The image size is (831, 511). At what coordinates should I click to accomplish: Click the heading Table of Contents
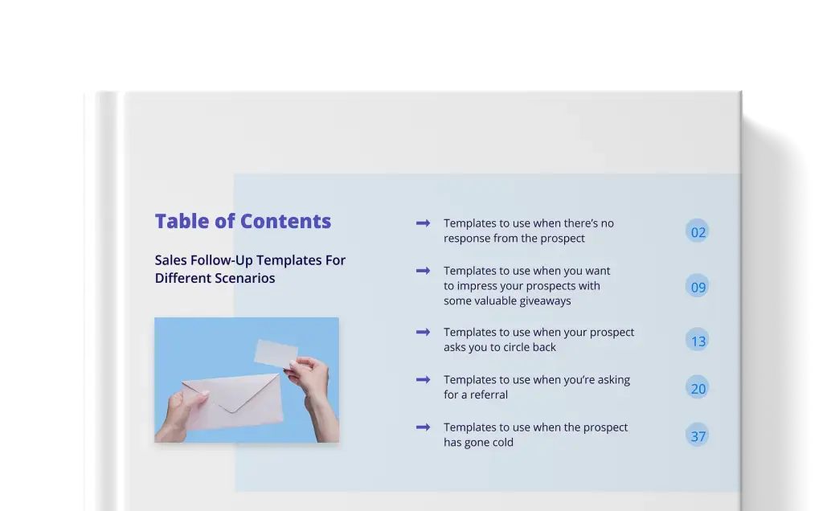pos(243,221)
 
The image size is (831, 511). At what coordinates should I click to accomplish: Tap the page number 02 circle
pos(697,231)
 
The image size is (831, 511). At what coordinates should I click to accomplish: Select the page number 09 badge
pos(697,286)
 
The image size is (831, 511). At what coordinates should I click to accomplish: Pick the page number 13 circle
pos(697,340)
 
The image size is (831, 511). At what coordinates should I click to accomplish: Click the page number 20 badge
pos(697,387)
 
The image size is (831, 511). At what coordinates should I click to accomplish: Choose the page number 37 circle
pos(697,435)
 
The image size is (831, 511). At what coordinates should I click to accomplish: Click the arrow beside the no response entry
pos(423,223)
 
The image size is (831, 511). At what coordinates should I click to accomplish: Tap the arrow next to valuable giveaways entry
pos(423,271)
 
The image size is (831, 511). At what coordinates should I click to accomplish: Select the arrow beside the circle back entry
pos(423,333)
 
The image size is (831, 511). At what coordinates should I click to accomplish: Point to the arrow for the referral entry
pos(423,379)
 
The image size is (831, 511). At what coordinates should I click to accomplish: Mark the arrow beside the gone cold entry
pos(423,427)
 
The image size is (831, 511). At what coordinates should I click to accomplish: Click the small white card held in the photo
pos(276,354)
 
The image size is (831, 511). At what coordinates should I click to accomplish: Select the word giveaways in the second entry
pos(530,301)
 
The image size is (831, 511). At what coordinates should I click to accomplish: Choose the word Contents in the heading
pos(285,221)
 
